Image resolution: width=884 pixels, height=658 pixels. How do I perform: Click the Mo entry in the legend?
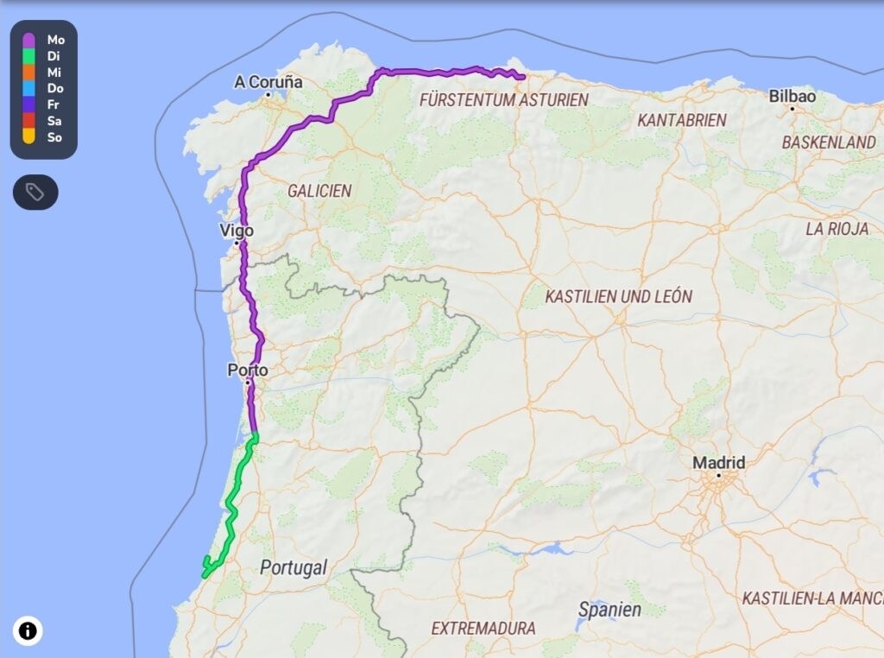(x=55, y=40)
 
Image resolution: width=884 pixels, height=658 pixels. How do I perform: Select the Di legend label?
(x=54, y=56)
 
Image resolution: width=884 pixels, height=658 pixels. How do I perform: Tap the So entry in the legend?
(x=54, y=137)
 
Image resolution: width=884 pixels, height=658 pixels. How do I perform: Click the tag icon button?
(x=35, y=192)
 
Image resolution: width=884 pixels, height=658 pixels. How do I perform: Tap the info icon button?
(x=28, y=631)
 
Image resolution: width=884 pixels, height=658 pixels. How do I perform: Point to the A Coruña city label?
(x=268, y=82)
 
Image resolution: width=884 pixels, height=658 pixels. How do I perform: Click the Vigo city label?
(x=237, y=231)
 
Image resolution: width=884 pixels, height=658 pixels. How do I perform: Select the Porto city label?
(x=248, y=370)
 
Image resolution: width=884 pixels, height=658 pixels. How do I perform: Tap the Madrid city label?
(x=718, y=463)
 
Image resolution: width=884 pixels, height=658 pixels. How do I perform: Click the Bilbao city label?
(x=792, y=96)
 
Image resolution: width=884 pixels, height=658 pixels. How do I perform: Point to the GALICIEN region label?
(x=319, y=191)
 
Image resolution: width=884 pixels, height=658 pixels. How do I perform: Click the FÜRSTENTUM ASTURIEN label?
(x=503, y=100)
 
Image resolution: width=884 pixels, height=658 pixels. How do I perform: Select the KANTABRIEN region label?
(x=682, y=120)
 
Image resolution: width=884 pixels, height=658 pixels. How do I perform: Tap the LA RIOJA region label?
(x=837, y=229)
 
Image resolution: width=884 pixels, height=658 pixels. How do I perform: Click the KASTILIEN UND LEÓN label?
(x=618, y=296)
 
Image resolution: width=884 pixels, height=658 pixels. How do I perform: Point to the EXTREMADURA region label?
(x=483, y=628)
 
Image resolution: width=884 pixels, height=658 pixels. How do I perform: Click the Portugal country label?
(x=294, y=567)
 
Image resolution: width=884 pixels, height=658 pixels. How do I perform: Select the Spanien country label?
(x=609, y=610)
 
